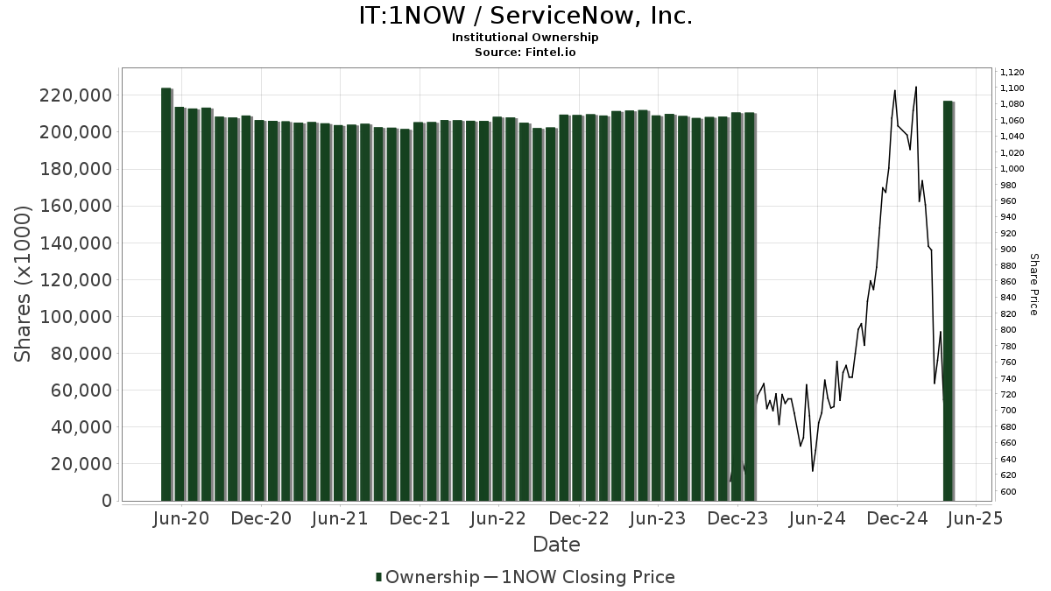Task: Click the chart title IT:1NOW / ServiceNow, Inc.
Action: pos(525,16)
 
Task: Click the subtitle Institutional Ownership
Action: pos(525,38)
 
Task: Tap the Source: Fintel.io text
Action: pos(525,52)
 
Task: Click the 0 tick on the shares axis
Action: pos(107,501)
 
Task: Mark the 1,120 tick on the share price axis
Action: pos(1012,73)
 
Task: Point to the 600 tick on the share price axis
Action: pos(1007,492)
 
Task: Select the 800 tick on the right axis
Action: pos(1007,330)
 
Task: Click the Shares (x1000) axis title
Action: pos(25,283)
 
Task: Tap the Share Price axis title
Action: pos(1033,284)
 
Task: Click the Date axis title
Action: pos(556,545)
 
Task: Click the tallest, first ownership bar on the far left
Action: pos(166,294)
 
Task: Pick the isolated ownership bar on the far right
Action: pos(949,301)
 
